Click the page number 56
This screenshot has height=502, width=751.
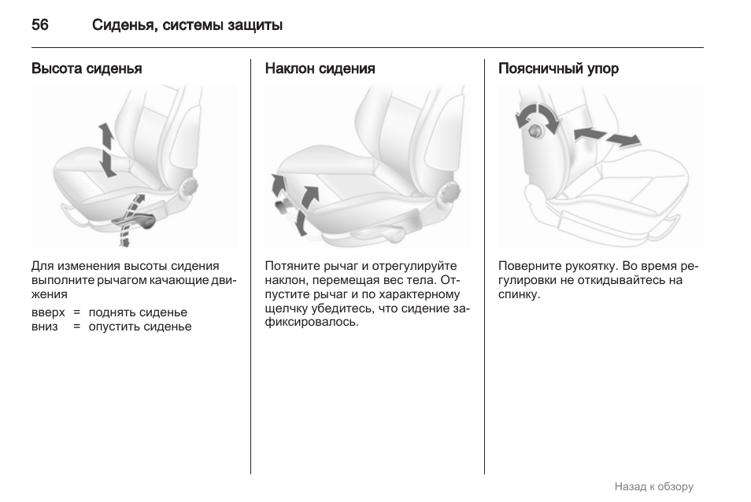[39, 24]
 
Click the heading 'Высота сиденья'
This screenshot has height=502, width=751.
[87, 68]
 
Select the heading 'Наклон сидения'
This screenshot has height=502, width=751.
[320, 68]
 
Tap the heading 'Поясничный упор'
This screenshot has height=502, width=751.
[558, 68]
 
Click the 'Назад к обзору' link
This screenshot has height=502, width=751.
[653, 487]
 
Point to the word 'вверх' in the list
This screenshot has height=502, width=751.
[48, 312]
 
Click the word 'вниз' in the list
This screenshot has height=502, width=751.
[45, 327]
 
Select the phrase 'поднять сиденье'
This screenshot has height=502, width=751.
[138, 312]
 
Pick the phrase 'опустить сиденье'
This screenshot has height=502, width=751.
[140, 327]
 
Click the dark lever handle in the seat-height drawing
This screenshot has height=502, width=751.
[135, 222]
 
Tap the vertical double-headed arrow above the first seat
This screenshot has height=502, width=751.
[107, 149]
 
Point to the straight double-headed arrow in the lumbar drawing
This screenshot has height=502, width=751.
[607, 137]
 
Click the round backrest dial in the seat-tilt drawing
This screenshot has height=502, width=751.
[449, 192]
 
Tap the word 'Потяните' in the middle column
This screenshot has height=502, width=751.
[293, 266]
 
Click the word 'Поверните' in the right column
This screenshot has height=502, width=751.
[530, 266]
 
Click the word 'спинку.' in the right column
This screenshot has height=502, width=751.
[520, 294]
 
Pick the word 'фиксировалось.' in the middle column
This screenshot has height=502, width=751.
[312, 322]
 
